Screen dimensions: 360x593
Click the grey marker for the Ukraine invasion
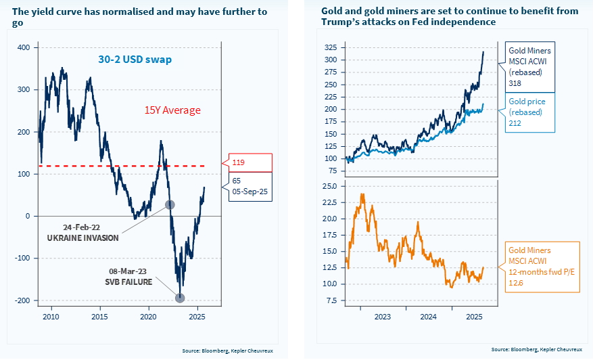coord(170,204)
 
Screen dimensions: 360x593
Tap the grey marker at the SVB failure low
coord(180,298)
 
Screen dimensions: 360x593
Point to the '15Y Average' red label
coord(172,110)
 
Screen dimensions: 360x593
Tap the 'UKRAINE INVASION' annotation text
coord(82,238)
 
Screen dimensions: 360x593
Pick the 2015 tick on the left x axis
coord(99,316)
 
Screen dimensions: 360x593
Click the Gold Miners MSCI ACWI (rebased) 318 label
coord(530,66)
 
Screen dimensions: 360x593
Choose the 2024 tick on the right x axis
coord(427,316)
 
